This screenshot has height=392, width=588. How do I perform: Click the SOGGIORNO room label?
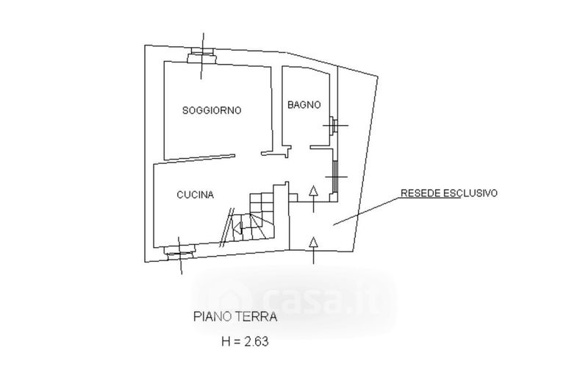212,110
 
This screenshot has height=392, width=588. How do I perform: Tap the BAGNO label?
304,105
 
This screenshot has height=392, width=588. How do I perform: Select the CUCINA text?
195,195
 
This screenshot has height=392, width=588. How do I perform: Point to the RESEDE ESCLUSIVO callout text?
449,193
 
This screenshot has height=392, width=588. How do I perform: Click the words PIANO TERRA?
234,318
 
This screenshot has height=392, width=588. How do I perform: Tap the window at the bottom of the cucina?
179,254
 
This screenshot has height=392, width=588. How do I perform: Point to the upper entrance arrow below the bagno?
313,193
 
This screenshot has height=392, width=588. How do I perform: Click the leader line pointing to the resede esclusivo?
367,210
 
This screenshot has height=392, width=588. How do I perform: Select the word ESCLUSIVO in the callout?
473,193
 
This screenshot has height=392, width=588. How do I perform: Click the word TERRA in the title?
257,318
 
